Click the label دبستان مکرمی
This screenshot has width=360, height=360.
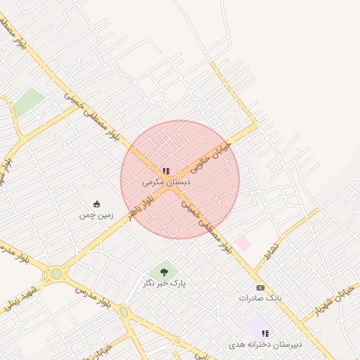coord(167,181)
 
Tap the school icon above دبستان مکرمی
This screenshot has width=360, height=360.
coord(166,171)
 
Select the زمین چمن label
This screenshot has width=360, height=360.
coord(96,215)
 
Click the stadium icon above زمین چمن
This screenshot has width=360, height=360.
coord(96,205)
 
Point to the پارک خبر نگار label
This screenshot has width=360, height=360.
coord(164,283)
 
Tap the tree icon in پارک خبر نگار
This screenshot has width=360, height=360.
coord(164,271)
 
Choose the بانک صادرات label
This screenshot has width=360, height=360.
coord(260,298)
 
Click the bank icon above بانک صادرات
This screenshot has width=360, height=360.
coord(260,288)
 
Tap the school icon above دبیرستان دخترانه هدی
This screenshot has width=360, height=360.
coord(265,333)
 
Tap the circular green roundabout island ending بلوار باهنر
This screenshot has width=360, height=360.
coord(56,274)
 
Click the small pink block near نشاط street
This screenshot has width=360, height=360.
coord(243,243)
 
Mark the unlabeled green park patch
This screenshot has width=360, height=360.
coord(28,103)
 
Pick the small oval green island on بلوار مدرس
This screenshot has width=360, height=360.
coord(124,311)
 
